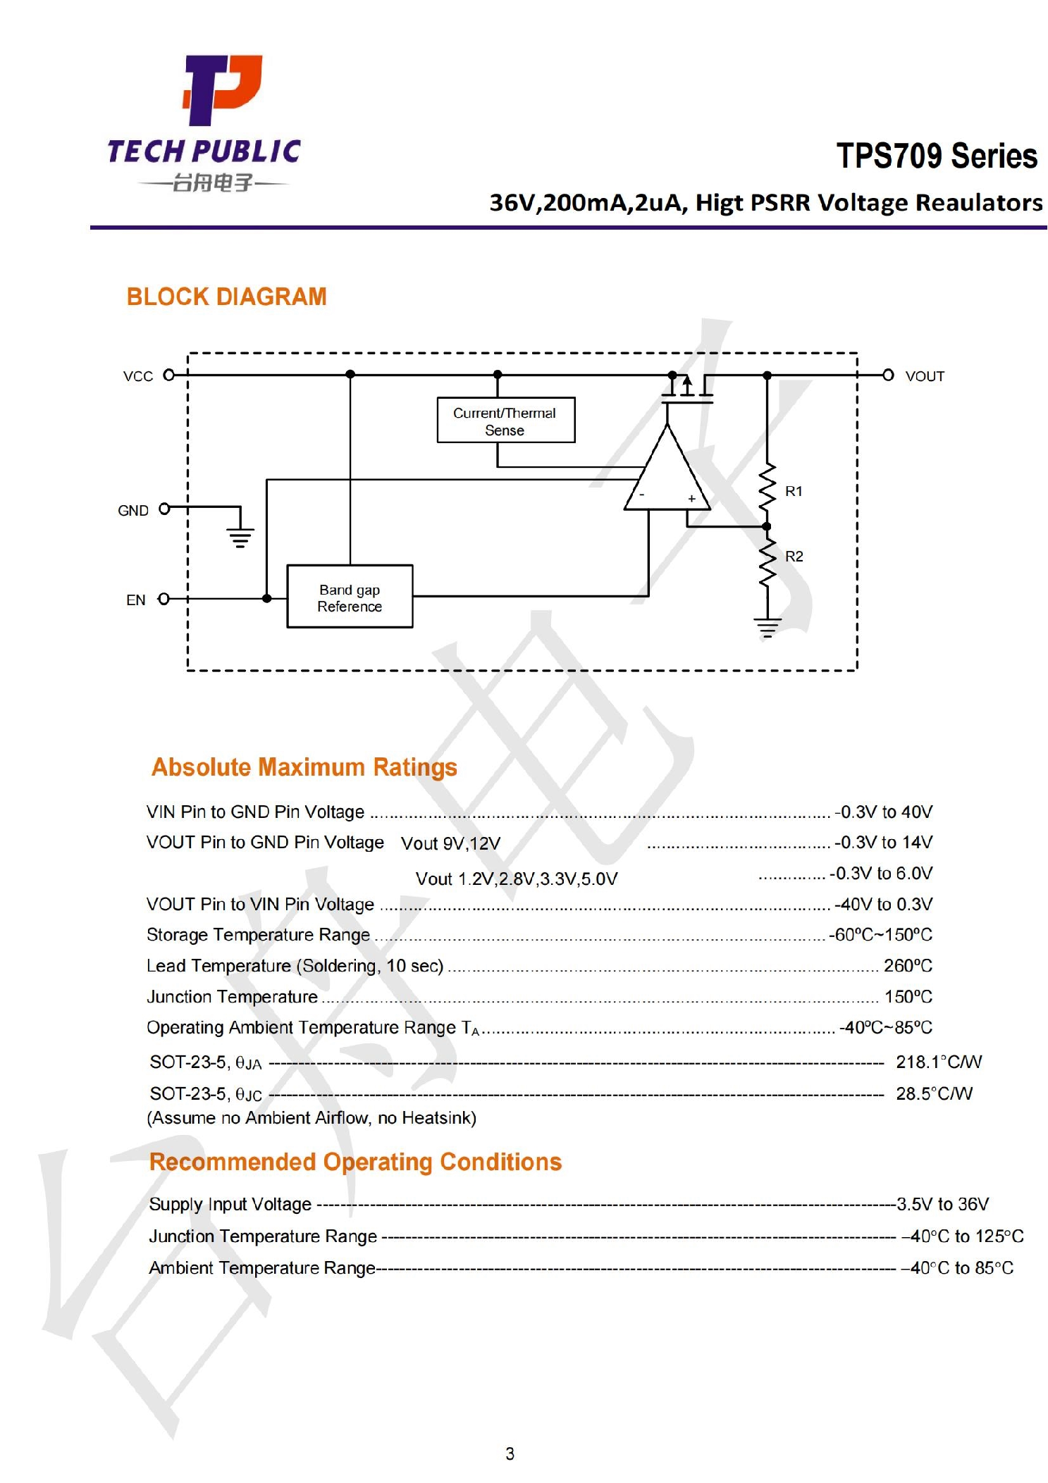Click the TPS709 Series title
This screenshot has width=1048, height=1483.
pyautogui.click(x=936, y=156)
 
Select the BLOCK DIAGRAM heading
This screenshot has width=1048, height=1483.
pyautogui.click(x=226, y=297)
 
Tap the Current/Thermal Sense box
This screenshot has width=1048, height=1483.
pyautogui.click(x=505, y=421)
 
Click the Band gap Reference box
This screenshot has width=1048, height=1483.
pyautogui.click(x=350, y=597)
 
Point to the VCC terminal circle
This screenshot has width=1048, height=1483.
pyautogui.click(x=169, y=375)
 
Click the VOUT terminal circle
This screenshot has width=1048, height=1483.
pyautogui.click(x=888, y=375)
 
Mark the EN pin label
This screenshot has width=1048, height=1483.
pyautogui.click(x=135, y=600)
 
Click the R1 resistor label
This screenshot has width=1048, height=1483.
pyautogui.click(x=794, y=491)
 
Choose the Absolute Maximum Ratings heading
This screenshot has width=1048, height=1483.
pyautogui.click(x=304, y=767)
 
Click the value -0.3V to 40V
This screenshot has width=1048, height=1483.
pyautogui.click(x=884, y=812)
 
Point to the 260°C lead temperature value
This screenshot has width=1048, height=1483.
pyautogui.click(x=908, y=965)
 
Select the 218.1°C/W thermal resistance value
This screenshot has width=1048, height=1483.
pyautogui.click(x=938, y=1062)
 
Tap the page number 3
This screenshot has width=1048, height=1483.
pyautogui.click(x=510, y=1453)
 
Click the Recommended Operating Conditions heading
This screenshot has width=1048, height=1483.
pyautogui.click(x=355, y=1162)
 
